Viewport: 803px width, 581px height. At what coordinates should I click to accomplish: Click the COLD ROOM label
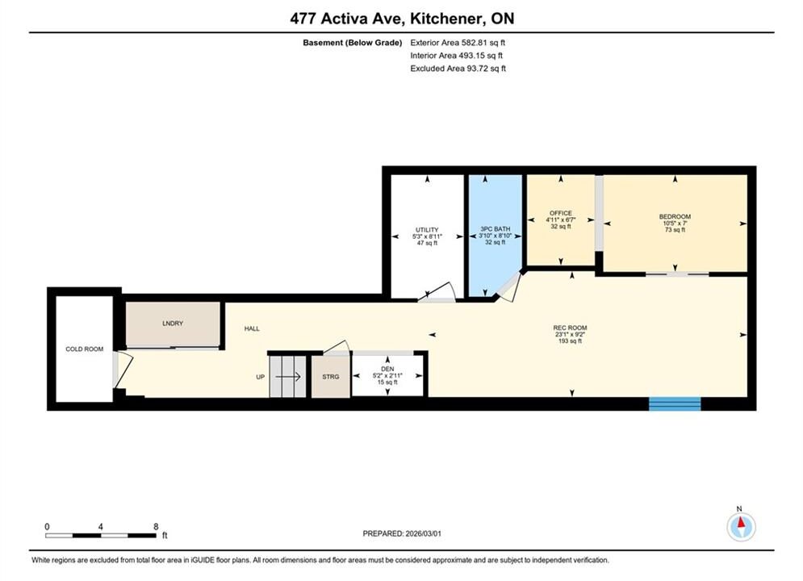pyautogui.click(x=85, y=349)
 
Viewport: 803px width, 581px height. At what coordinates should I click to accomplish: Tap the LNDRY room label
pyautogui.click(x=173, y=324)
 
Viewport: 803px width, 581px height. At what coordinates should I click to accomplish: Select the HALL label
pyautogui.click(x=252, y=328)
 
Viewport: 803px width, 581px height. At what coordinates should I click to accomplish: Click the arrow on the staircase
pyautogui.click(x=288, y=378)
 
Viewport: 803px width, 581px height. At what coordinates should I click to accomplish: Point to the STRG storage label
pyautogui.click(x=331, y=377)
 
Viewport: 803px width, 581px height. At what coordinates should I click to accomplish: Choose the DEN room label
pyautogui.click(x=387, y=369)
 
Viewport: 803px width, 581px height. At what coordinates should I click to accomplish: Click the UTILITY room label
pyautogui.click(x=427, y=230)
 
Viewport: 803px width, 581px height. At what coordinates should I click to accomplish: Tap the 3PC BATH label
pyautogui.click(x=496, y=229)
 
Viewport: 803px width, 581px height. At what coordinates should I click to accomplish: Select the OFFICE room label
pyautogui.click(x=561, y=213)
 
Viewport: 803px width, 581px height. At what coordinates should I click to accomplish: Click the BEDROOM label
pyautogui.click(x=675, y=216)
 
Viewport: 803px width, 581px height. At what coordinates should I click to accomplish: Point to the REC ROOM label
pyautogui.click(x=570, y=328)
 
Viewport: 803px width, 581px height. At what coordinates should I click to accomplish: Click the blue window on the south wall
pyautogui.click(x=675, y=403)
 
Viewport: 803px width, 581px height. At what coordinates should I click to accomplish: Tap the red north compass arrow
pyautogui.click(x=741, y=523)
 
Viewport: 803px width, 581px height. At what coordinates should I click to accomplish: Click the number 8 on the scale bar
pyautogui.click(x=157, y=526)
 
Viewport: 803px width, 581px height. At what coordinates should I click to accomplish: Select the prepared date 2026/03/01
pyautogui.click(x=423, y=533)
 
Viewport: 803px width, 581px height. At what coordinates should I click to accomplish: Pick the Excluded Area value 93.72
pyautogui.click(x=477, y=69)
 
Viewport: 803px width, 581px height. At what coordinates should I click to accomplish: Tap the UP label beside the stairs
pyautogui.click(x=260, y=378)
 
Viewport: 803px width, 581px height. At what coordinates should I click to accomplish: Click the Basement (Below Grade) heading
pyautogui.click(x=353, y=43)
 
